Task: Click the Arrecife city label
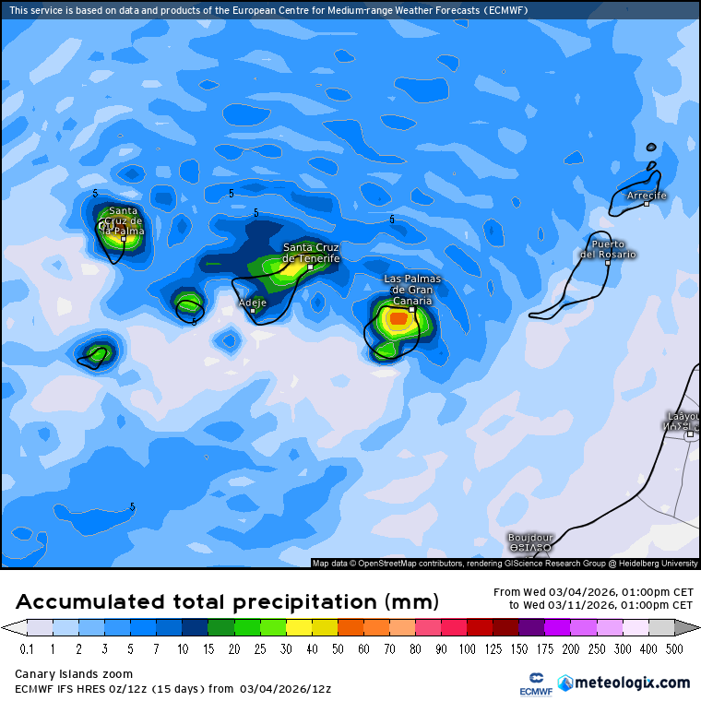point(646,196)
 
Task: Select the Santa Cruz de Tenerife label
point(311,253)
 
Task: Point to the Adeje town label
point(252,302)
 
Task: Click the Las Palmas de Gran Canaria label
point(412,290)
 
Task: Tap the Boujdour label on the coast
point(530,538)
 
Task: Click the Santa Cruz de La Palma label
point(124,220)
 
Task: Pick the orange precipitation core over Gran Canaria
point(398,319)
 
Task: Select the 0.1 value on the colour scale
point(27,649)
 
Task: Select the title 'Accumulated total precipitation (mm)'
point(226,602)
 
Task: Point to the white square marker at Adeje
point(253,311)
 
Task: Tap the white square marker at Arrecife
point(647,204)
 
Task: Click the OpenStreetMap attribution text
point(505,563)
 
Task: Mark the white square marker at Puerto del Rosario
point(608,263)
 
